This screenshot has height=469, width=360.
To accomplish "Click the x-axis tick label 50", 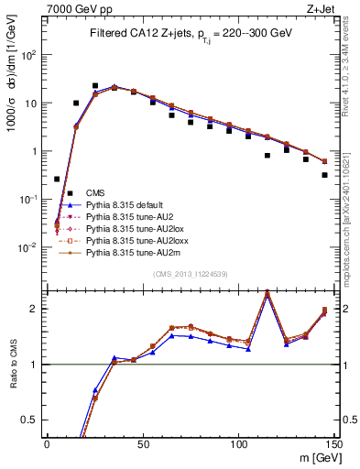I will [143, 443].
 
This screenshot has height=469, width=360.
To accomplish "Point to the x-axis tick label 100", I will [238, 443].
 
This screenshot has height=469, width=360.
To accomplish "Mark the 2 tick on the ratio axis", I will [38, 309].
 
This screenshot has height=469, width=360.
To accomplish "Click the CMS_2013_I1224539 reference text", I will [190, 274].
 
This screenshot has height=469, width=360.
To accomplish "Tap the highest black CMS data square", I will [95, 85].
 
